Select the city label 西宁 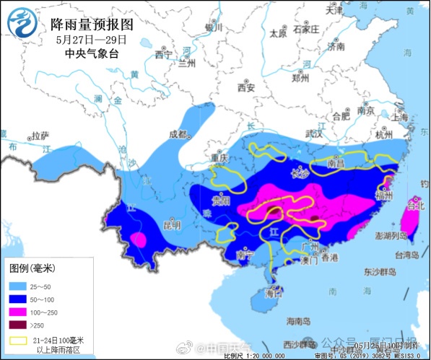tap(164, 55)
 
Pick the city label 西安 tap(247, 88)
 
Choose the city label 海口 tap(274, 294)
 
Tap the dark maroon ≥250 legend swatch tap(19, 324)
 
